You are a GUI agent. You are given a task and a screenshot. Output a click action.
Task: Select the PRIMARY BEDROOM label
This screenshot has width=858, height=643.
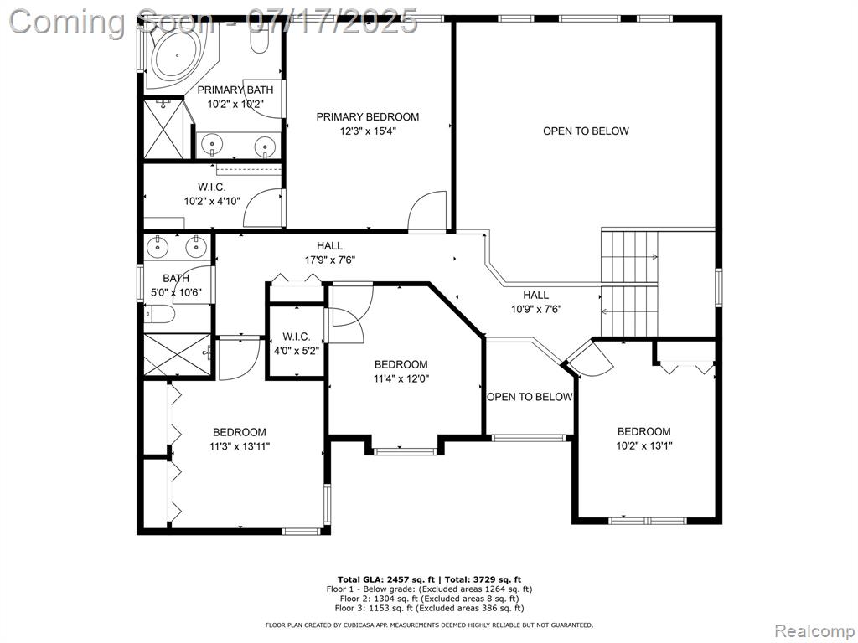[368, 116]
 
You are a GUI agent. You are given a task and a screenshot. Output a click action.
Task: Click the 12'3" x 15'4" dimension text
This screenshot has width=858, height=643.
[368, 131]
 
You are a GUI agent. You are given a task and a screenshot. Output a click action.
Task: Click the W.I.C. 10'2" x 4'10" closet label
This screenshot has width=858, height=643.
[212, 194]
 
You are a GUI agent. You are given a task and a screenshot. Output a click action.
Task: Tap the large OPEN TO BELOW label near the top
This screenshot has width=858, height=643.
[586, 131]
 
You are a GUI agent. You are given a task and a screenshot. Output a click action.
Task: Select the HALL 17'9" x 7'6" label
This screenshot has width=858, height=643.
[330, 253]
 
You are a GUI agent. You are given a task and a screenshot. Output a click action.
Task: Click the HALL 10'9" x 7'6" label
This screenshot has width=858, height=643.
[536, 301]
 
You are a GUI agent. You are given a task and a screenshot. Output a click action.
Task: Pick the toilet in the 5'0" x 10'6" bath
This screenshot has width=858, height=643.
[160, 315]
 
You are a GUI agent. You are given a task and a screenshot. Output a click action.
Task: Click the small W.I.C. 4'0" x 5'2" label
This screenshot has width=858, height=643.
[297, 343]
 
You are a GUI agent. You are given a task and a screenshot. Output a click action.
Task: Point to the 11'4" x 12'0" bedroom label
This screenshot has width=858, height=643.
[401, 371]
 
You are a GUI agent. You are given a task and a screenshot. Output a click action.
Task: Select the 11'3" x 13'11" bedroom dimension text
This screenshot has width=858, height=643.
[240, 446]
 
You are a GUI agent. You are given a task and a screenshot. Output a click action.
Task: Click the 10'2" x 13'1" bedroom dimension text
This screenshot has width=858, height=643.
[644, 445]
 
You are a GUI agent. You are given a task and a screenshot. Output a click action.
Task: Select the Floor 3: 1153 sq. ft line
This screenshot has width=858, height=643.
[429, 608]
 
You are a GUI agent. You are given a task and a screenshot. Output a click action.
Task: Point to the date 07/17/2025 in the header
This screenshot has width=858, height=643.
[332, 22]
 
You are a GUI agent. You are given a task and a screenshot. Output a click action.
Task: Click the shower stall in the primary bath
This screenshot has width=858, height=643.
[163, 129]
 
